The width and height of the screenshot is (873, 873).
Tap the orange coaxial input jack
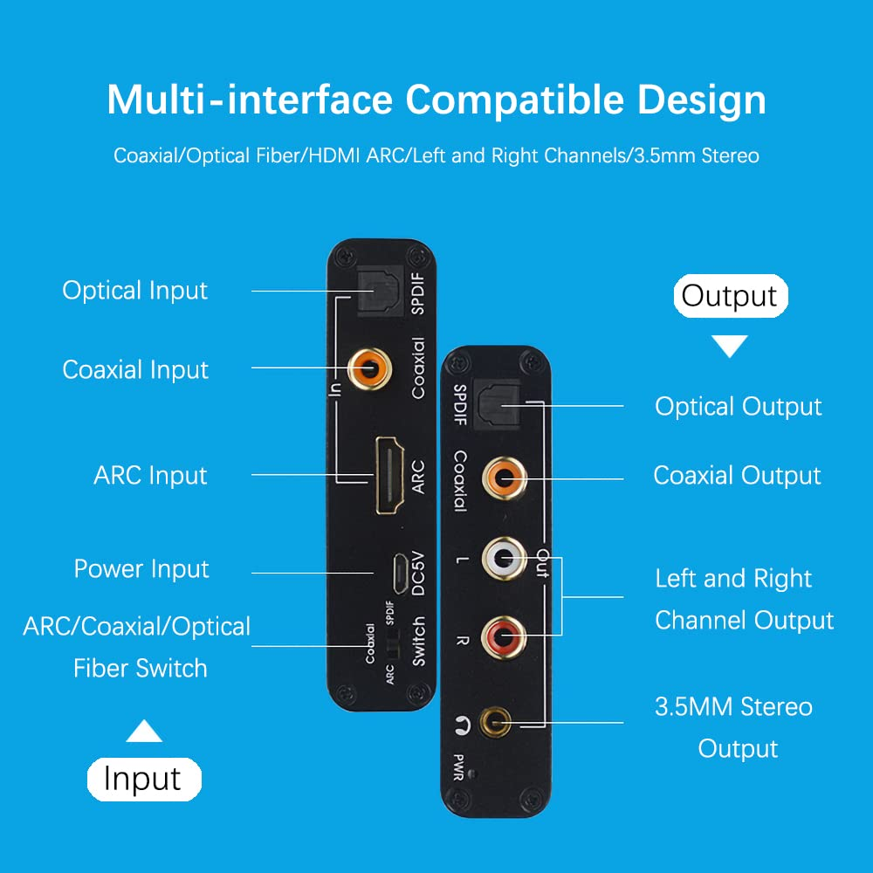[368, 368]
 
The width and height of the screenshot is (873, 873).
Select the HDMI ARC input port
[387, 475]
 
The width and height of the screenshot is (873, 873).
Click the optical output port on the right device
[500, 404]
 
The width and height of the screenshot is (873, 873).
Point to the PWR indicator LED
[471, 773]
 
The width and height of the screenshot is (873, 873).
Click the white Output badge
[730, 296]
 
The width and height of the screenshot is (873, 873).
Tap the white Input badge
[143, 779]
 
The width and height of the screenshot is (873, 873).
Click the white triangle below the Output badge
[731, 347]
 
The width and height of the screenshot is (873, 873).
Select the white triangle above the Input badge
[143, 731]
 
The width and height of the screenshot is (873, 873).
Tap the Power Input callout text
[141, 569]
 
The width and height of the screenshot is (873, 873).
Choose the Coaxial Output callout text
[737, 476]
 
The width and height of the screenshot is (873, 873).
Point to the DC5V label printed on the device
[418, 573]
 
